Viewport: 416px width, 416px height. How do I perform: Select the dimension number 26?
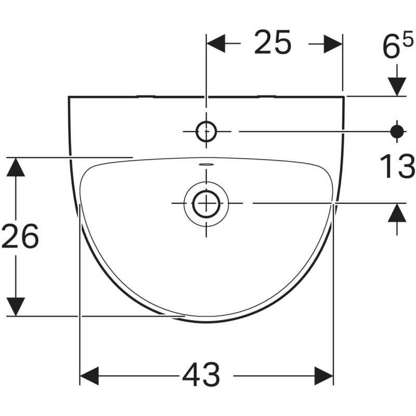tap(20, 237)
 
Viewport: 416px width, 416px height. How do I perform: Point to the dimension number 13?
tap(397, 166)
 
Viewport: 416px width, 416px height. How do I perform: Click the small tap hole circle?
tap(206, 132)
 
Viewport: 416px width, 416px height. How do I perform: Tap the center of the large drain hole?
tap(206, 203)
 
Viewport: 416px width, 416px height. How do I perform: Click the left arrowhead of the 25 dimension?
tap(216, 44)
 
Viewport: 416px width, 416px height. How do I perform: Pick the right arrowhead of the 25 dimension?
tap(333, 44)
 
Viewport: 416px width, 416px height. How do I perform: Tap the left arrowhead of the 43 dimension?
tap(89, 374)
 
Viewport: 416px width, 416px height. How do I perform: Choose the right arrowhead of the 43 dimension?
tap(323, 374)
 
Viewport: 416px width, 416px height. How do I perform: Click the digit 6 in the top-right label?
tap(391, 48)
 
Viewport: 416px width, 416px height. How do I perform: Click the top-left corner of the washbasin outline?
tap(69, 97)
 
